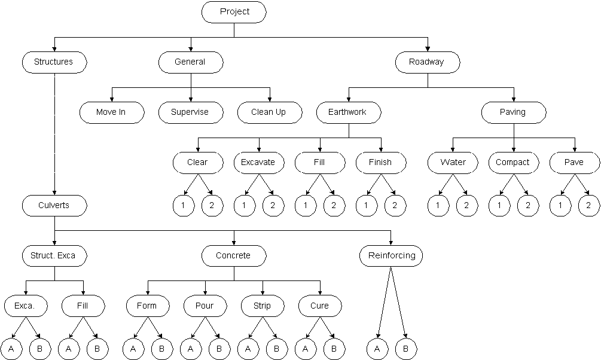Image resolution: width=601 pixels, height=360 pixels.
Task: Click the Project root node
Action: click(234, 12)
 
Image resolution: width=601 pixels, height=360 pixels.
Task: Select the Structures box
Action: click(54, 62)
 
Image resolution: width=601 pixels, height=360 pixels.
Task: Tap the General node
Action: click(190, 62)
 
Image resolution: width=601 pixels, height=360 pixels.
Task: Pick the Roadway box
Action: click(427, 62)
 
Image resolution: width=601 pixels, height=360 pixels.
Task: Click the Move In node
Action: click(111, 112)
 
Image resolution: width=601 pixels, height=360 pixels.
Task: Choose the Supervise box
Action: click(190, 112)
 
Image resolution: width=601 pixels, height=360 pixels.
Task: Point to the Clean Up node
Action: click(269, 112)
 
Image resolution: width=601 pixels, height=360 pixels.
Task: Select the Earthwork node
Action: click(347, 112)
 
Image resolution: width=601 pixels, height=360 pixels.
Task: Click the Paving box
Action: click(513, 112)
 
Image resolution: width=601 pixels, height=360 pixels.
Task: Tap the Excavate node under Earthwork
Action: click(258, 162)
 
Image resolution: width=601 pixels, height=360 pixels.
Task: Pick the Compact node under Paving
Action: click(513, 162)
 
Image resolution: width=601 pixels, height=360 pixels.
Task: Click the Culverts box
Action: click(54, 206)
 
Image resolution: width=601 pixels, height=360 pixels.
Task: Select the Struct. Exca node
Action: click(54, 256)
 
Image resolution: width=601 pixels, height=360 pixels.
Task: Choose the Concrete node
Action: click(233, 256)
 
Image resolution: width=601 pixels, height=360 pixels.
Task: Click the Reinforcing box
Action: click(391, 256)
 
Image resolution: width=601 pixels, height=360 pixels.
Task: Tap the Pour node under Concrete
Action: click(205, 306)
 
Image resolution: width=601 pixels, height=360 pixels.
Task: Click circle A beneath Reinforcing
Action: click(377, 349)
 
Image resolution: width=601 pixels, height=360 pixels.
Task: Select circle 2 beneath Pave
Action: click(588, 206)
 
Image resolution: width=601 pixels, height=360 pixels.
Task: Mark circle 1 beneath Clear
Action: click(183, 206)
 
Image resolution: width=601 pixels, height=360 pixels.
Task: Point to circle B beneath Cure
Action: click(334, 349)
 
